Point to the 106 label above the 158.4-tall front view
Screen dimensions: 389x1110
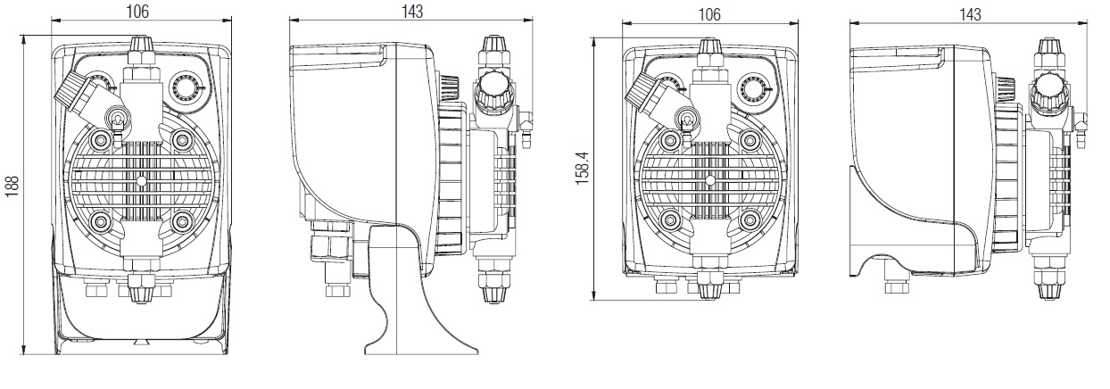coord(710,14)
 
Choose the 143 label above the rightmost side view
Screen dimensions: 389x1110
coord(968,14)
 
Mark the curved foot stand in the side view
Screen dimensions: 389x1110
coord(393,294)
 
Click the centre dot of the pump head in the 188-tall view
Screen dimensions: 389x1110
coord(140,179)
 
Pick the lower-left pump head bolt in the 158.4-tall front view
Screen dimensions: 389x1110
coord(670,221)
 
